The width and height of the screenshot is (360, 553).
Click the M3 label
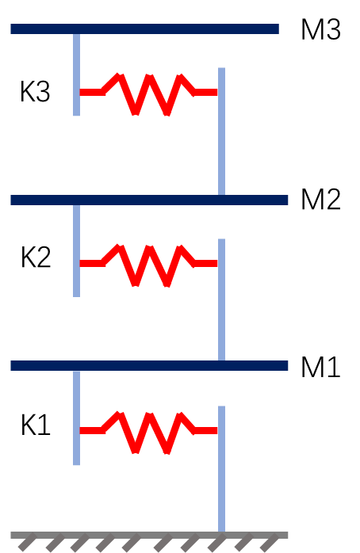321,29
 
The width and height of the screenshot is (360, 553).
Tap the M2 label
321,200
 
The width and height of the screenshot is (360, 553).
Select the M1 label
321,367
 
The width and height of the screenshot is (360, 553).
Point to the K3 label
35,91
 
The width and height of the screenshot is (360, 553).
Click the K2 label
36,257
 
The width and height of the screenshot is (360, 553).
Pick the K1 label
36,425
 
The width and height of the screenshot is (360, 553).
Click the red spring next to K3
148,94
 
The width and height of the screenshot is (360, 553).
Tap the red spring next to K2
148,265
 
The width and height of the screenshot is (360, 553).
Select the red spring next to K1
148,432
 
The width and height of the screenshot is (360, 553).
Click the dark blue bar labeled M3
144,29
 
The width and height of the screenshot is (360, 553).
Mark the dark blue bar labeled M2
149,200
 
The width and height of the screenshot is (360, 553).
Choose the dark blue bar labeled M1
149,366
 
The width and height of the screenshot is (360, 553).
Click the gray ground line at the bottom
149,536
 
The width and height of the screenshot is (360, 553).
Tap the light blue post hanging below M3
77,74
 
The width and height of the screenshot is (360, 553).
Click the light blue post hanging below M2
77,251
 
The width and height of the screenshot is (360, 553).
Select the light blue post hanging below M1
77,418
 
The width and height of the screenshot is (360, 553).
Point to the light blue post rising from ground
222,469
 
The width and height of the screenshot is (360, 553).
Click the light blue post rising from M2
222,132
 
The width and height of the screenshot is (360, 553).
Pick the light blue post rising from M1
222,299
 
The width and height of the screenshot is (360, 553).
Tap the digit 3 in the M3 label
333,29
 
